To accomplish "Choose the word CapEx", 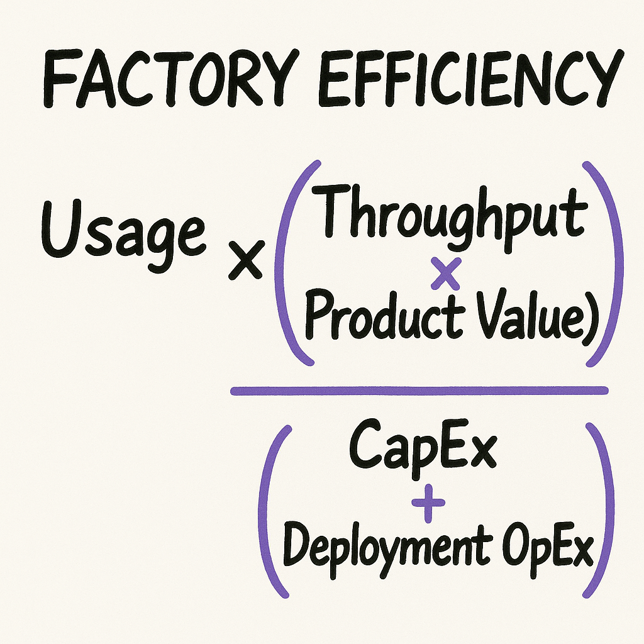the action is point(423,448).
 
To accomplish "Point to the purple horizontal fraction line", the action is point(419,391).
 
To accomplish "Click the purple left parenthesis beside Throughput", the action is point(291,264).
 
